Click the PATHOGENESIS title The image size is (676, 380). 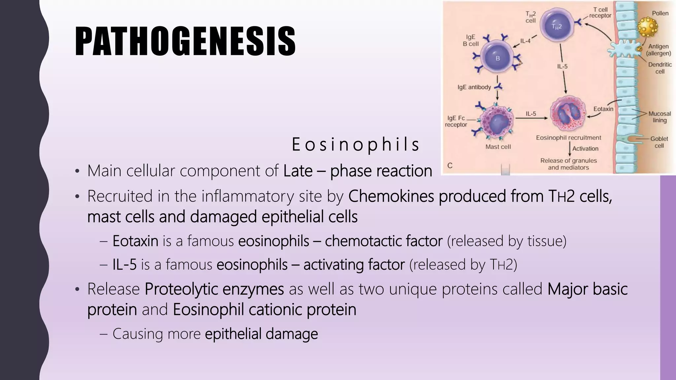pyautogui.click(x=185, y=42)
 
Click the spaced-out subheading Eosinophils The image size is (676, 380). pyautogui.click(x=355, y=144)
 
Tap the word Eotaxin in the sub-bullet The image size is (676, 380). pyautogui.click(x=135, y=241)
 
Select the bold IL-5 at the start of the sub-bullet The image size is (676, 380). pyautogui.click(x=124, y=265)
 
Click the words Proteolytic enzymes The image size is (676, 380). pyautogui.click(x=214, y=289)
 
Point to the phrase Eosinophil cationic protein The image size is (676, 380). pyautogui.click(x=264, y=309)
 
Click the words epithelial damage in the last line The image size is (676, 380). pyautogui.click(x=261, y=333)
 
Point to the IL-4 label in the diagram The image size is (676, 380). pyautogui.click(x=525, y=41)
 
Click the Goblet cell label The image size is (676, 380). pyautogui.click(x=659, y=142)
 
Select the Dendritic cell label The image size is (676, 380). pyautogui.click(x=659, y=68)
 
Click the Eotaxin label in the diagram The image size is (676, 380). pyautogui.click(x=603, y=109)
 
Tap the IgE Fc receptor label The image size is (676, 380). pyautogui.click(x=456, y=121)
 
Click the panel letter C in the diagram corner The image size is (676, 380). pyautogui.click(x=450, y=166)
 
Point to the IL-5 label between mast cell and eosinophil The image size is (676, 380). pyautogui.click(x=531, y=114)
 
